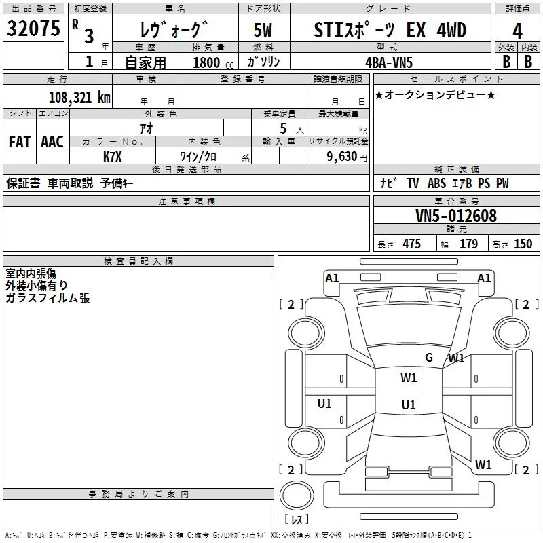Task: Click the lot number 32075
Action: click(x=33, y=29)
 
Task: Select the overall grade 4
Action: click(x=517, y=31)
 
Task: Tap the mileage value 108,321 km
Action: click(x=79, y=98)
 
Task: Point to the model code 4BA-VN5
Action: click(x=389, y=62)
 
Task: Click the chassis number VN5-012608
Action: click(x=455, y=216)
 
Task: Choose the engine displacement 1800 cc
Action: click(x=213, y=62)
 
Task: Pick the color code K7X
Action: click(x=113, y=157)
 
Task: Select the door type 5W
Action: click(x=263, y=30)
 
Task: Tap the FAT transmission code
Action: click(x=20, y=142)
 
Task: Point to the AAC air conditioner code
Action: click(x=52, y=142)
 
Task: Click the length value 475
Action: click(x=411, y=244)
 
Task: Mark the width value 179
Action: click(x=468, y=244)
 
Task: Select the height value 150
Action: click(x=523, y=244)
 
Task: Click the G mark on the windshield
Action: click(x=429, y=357)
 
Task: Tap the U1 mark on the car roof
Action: click(x=409, y=405)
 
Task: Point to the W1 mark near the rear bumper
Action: click(x=483, y=464)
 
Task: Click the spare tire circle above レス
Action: click(x=297, y=495)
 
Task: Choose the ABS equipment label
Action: click(x=436, y=183)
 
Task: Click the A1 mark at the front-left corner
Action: click(x=332, y=278)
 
